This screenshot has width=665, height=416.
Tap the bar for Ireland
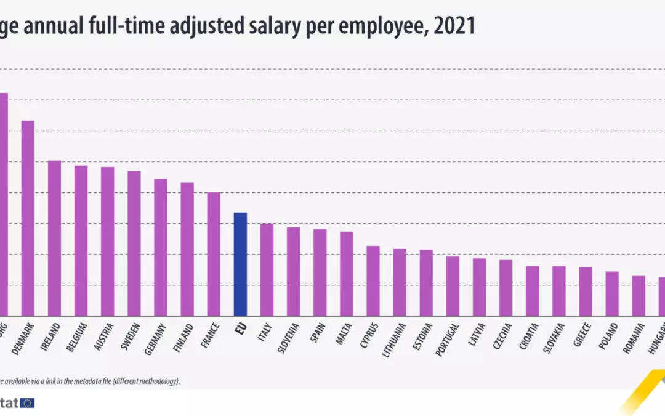[54, 238]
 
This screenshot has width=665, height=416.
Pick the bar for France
[214, 253]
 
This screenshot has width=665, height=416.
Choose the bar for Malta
[346, 273]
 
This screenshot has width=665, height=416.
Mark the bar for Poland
[612, 293]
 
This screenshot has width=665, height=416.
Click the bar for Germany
[161, 247]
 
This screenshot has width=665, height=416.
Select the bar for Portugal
[453, 285]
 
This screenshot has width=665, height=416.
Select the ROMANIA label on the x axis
[636, 336]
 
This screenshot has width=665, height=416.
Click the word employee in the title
[357, 26]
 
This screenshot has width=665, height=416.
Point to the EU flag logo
[27, 402]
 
